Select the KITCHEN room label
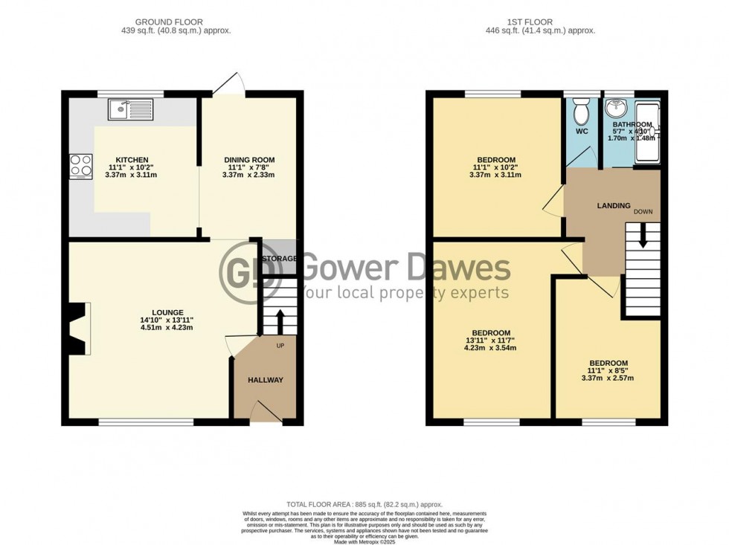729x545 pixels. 132,160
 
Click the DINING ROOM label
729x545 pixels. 250,160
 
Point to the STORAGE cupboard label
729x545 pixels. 280,259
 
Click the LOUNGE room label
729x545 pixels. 168,312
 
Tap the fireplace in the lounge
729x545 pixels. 77,329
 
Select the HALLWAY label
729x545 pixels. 266,380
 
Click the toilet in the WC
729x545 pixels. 582,113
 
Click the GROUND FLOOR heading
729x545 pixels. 176,22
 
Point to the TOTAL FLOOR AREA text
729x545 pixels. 364,505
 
